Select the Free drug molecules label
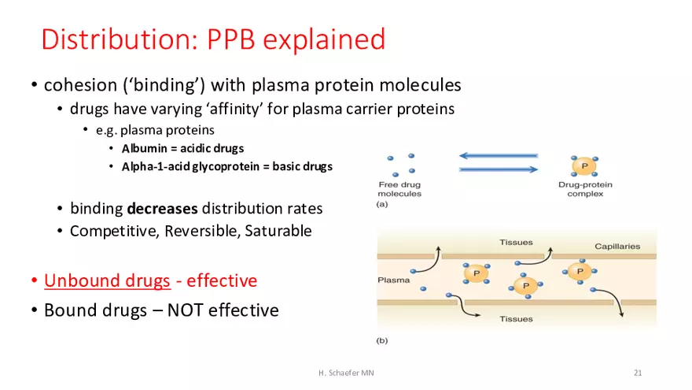pyautogui.click(x=399, y=189)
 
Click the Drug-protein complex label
pyautogui.click(x=585, y=189)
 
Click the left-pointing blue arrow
pyautogui.click(x=499, y=156)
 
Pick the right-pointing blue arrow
pyautogui.click(x=499, y=169)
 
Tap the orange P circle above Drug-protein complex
pyautogui.click(x=583, y=165)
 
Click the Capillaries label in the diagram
pyautogui.click(x=617, y=246)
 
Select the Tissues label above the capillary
pyautogui.click(x=516, y=243)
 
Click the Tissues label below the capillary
pyautogui.click(x=516, y=319)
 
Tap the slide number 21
pyautogui.click(x=638, y=372)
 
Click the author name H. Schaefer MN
pyautogui.click(x=340, y=372)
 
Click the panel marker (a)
pyautogui.click(x=382, y=204)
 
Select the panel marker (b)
pyautogui.click(x=382, y=340)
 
